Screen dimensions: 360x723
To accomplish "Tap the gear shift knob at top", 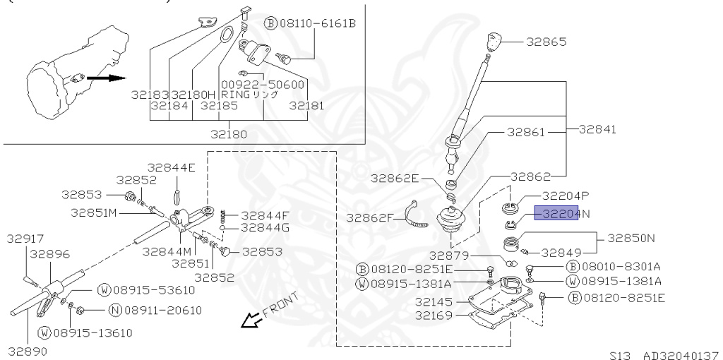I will pyautogui.click(x=494, y=40).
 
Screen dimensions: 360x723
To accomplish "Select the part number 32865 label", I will pyautogui.click(x=546, y=42).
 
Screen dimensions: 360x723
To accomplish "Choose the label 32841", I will pyautogui.click(x=597, y=130).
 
